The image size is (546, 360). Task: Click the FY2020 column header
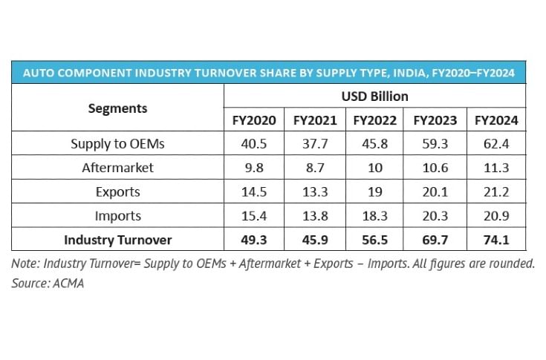(x=253, y=120)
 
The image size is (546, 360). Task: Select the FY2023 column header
(x=434, y=120)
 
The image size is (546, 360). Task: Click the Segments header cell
(x=117, y=108)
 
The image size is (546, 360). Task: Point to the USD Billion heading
(x=375, y=96)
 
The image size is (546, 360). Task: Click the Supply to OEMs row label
(x=117, y=144)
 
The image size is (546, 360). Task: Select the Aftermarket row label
(x=117, y=168)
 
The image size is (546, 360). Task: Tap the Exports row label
(x=117, y=192)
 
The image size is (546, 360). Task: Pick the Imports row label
(x=117, y=216)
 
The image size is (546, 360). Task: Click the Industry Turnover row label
(x=117, y=240)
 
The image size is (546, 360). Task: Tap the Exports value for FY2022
(x=374, y=192)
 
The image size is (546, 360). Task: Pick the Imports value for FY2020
(x=253, y=216)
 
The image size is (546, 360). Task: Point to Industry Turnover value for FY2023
(x=434, y=240)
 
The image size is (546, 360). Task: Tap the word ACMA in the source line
(x=67, y=284)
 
